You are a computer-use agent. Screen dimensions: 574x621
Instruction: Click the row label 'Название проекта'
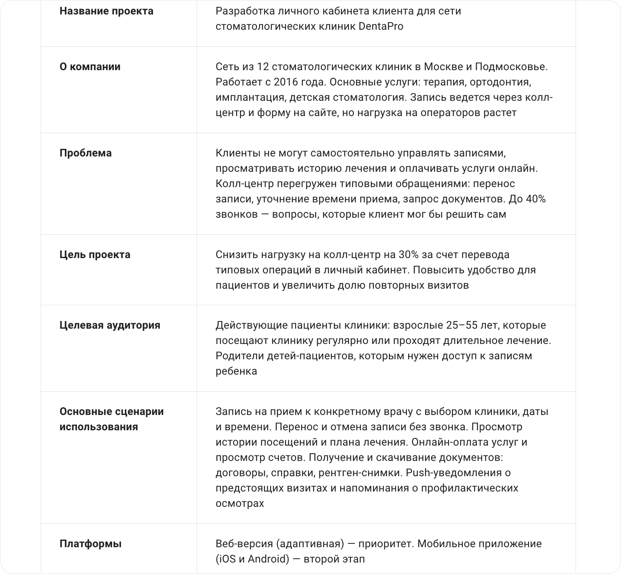point(106,11)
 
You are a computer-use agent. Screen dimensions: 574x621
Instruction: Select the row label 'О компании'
point(90,67)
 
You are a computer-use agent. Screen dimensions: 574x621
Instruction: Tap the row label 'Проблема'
point(85,153)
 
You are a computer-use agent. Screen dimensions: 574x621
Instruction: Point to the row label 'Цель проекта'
point(95,255)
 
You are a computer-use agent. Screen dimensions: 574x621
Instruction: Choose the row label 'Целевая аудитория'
point(110,325)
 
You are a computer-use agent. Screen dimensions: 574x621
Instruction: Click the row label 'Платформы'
point(90,544)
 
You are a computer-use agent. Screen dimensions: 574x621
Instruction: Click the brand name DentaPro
point(381,26)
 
